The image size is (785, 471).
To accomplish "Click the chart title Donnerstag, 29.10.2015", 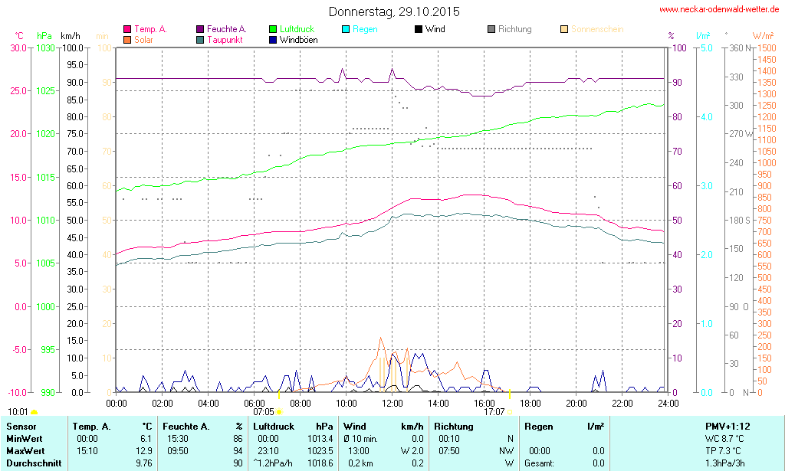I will coord(394,11).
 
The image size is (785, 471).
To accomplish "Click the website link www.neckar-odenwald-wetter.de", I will coord(719,10).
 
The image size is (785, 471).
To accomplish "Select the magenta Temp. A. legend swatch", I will coord(127,29).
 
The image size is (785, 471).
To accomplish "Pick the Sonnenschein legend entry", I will coord(596,29).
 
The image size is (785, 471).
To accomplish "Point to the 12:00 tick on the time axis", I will coord(392,403).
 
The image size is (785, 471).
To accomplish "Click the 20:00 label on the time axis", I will coord(576,403).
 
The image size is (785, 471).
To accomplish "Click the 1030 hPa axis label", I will coord(45,47).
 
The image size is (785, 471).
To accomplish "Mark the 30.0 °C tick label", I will coord(18,47).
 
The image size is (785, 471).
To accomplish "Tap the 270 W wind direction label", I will coord(740,134).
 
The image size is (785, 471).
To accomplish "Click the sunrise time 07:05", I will coord(263,411).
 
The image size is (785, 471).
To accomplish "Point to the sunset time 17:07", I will coord(494,411).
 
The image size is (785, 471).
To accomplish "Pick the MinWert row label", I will coord(24,438).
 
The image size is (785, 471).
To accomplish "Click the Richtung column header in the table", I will coord(454,425).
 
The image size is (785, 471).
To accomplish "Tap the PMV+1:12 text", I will coord(728,425).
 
